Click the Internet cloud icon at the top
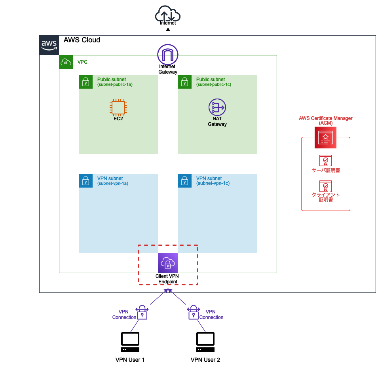[168, 15]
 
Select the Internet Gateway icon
[168, 54]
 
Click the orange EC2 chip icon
[118, 107]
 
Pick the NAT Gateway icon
[217, 107]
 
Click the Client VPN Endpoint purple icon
[168, 263]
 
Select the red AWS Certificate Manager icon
[325, 137]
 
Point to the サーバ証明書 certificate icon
[325, 160]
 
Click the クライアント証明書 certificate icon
[325, 186]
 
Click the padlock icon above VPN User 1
[142, 312]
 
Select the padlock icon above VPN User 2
[193, 312]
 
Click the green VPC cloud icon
[66, 62]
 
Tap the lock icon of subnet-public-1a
[85, 82]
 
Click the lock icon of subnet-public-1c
[184, 82]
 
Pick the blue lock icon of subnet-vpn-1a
[85, 181]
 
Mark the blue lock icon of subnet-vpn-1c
[184, 181]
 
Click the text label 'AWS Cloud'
[82, 40]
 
